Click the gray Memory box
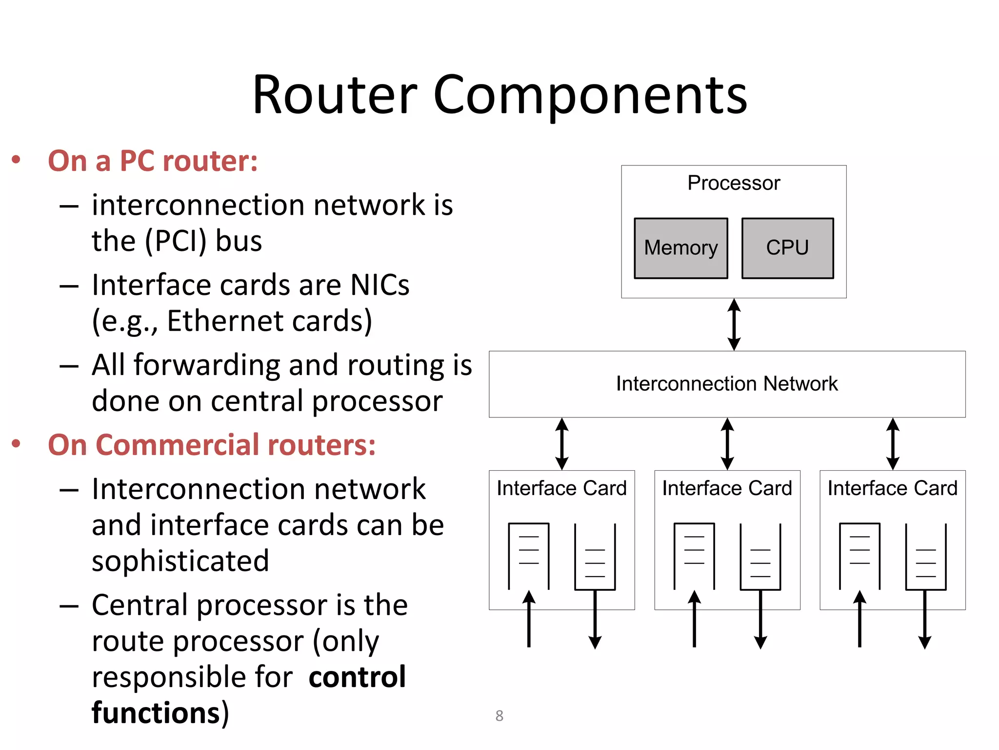(x=680, y=248)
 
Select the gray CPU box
(x=787, y=248)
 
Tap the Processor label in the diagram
(x=734, y=183)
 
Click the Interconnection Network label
(x=727, y=384)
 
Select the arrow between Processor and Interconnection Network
(x=734, y=325)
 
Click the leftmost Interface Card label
(x=561, y=488)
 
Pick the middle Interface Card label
(x=727, y=488)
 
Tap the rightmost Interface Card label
(x=893, y=488)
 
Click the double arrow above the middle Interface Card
(x=727, y=444)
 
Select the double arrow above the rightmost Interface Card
(x=893, y=444)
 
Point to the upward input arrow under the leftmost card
(x=529, y=619)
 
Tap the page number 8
(x=499, y=716)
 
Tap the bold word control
(x=357, y=677)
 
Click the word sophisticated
(x=180, y=561)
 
